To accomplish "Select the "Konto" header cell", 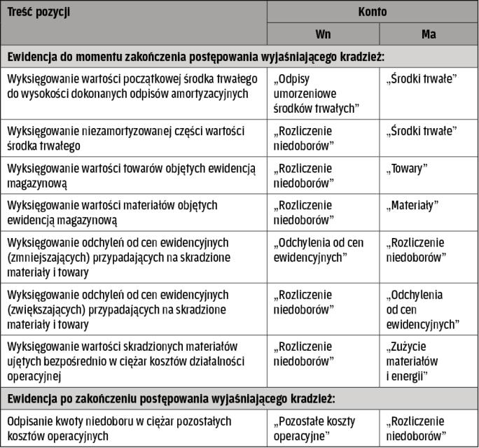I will pyautogui.click(x=373, y=12).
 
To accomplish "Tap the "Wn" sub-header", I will pyautogui.click(x=323, y=34).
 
